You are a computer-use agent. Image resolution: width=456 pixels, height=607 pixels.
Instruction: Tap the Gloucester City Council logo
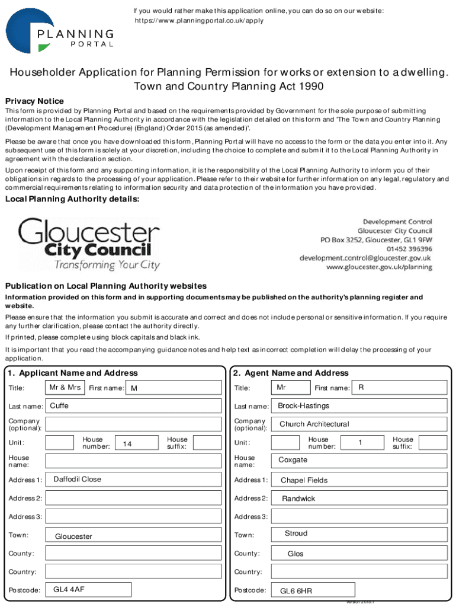(x=89, y=244)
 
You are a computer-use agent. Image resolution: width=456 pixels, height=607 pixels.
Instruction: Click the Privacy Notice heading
(x=34, y=101)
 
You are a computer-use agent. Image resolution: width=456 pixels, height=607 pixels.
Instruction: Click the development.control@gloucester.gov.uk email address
(x=365, y=258)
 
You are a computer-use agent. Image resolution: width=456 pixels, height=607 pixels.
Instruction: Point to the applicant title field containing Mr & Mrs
(x=65, y=388)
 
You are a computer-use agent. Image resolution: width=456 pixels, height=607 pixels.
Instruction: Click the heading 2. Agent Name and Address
(x=291, y=373)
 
